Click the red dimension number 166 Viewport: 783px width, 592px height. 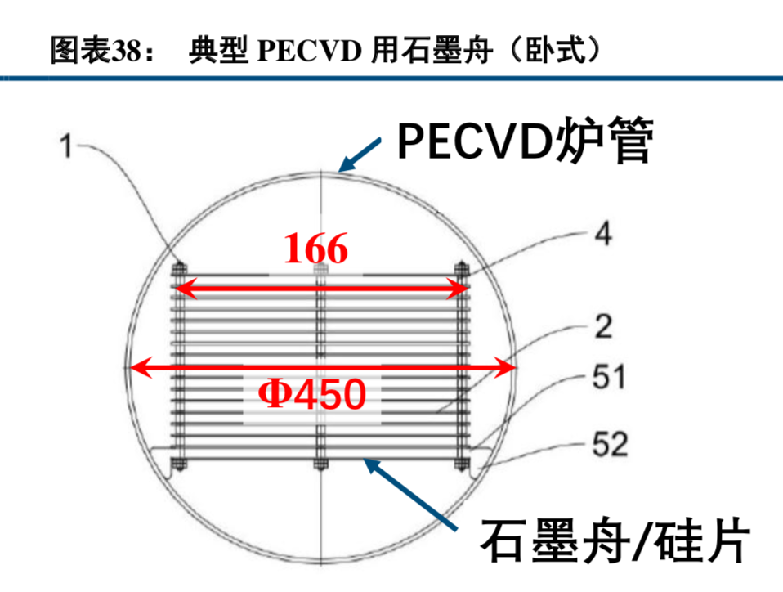(x=317, y=249)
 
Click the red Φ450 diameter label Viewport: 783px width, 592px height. (x=311, y=396)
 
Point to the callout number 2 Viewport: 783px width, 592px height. (x=602, y=328)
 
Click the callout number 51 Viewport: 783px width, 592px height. (x=608, y=378)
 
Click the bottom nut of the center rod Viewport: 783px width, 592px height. (x=319, y=467)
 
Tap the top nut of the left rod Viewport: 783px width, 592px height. (x=178, y=267)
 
